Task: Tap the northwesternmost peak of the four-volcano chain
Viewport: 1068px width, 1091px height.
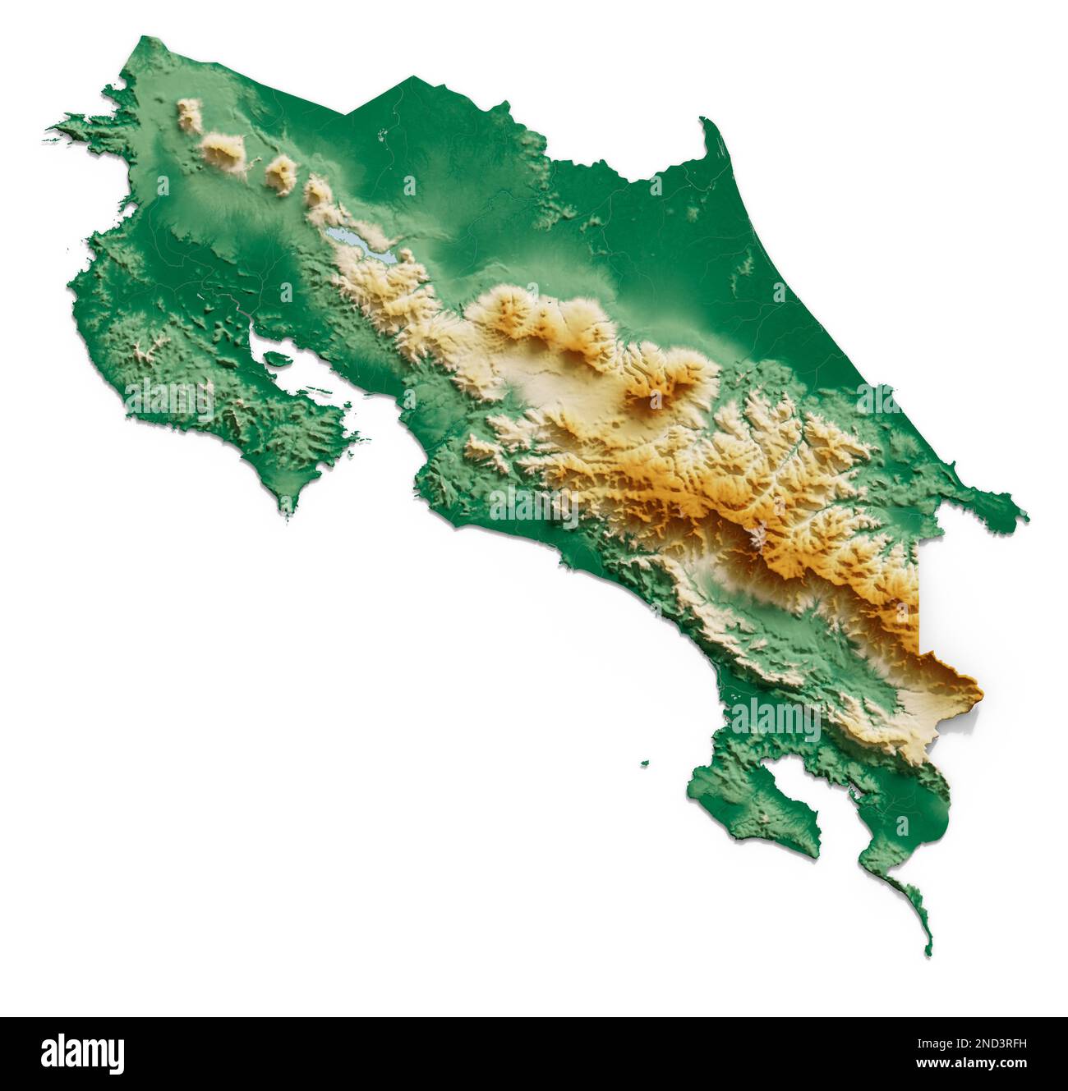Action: (x=191, y=115)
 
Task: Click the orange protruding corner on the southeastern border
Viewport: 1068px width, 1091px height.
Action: (x=978, y=681)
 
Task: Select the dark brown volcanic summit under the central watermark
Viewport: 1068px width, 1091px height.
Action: (x=653, y=400)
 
